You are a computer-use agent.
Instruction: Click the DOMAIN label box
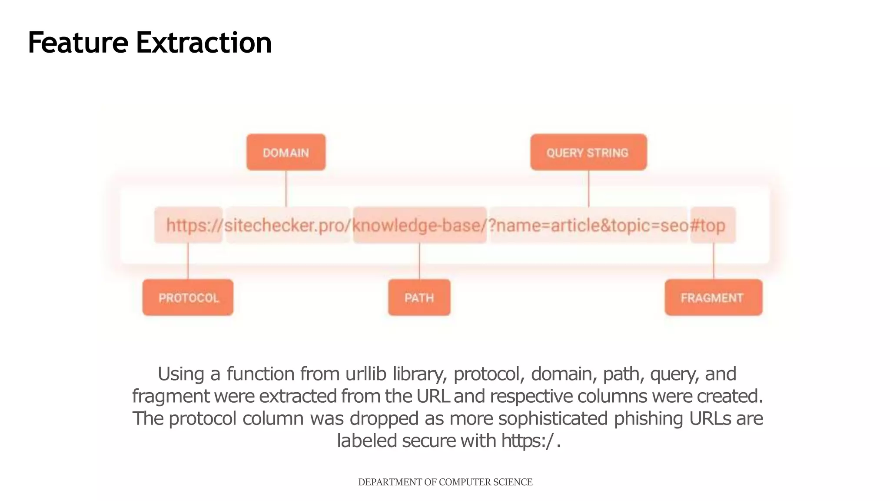(286, 152)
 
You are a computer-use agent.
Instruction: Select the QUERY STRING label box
(588, 152)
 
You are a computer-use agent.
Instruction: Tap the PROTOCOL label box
(188, 297)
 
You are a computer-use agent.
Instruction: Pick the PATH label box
(419, 297)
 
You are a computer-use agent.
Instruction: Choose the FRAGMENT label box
(713, 297)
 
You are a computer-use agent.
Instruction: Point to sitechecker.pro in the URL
(287, 225)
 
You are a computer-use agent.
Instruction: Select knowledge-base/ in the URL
(419, 225)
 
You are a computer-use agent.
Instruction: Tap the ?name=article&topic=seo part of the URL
(588, 225)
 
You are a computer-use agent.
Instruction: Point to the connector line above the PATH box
(419, 261)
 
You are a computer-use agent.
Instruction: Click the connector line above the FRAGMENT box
(714, 261)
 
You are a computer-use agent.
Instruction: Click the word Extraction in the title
(204, 43)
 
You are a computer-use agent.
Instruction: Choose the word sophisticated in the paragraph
(553, 418)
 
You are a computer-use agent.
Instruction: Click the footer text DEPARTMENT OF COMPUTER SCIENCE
(445, 482)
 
